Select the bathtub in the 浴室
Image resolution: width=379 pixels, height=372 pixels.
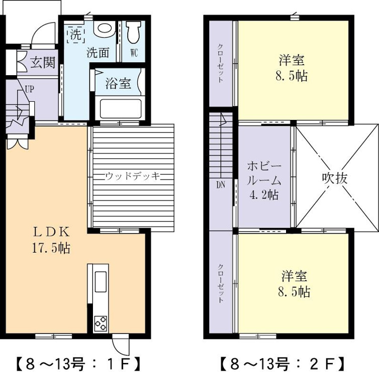121,108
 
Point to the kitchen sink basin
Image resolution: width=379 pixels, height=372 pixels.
101,282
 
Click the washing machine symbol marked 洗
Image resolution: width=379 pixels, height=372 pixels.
76,35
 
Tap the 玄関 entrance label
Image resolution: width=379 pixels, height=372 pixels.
43,62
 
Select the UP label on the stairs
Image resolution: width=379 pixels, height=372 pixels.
30,90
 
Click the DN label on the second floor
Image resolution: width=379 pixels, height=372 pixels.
221,185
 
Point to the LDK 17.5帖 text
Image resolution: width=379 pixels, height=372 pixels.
51,240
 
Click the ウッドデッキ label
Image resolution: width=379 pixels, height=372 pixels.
133,176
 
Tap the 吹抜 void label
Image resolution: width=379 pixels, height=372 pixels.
335,178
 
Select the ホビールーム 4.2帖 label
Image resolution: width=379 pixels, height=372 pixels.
264,180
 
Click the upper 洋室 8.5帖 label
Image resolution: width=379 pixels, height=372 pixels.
292,68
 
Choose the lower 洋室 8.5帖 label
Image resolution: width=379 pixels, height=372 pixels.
294,284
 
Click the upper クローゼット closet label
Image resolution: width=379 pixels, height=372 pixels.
221,63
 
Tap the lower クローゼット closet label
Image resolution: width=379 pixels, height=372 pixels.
221,283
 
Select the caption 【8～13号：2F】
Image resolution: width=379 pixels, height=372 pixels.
282,364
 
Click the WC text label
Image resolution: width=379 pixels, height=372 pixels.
134,53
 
